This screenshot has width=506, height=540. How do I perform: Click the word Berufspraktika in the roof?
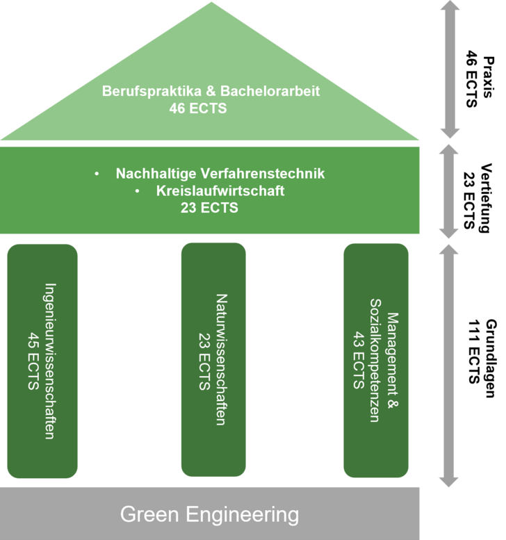(142, 91)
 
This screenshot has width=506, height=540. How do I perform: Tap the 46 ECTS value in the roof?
(198, 108)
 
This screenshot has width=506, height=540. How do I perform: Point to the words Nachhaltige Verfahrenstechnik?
(220, 174)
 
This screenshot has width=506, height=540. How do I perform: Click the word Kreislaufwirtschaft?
(220, 191)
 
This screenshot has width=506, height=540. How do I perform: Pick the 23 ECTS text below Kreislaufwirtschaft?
(209, 208)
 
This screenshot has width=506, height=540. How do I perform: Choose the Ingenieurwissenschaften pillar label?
(50, 361)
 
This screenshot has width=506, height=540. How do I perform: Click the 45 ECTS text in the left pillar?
(32, 361)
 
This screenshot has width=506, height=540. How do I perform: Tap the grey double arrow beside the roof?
(450, 69)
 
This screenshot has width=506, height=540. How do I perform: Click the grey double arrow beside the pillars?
(450, 365)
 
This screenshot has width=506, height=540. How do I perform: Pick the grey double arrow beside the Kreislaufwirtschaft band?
(450, 191)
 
